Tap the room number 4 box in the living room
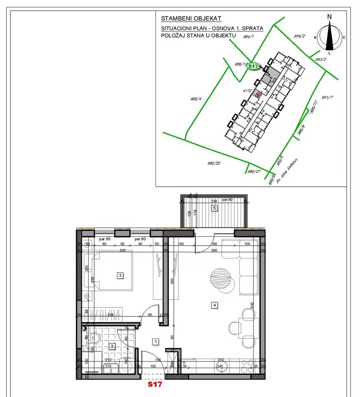click(x=214, y=304)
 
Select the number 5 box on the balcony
click(x=214, y=208)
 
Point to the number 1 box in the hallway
click(x=156, y=342)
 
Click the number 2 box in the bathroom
click(x=112, y=346)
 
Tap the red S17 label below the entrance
click(x=154, y=385)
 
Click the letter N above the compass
click(x=329, y=17)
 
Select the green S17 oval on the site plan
click(x=253, y=66)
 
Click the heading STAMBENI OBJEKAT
click(x=191, y=18)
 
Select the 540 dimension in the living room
click(x=252, y=305)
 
